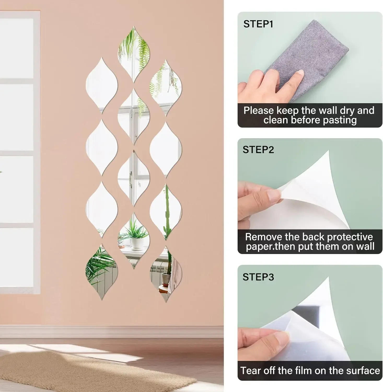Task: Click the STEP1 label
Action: pyautogui.click(x=258, y=24)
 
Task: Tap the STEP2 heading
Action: pyautogui.click(x=258, y=150)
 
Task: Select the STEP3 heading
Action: pyautogui.click(x=258, y=277)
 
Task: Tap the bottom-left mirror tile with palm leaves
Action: pyautogui.click(x=101, y=272)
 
